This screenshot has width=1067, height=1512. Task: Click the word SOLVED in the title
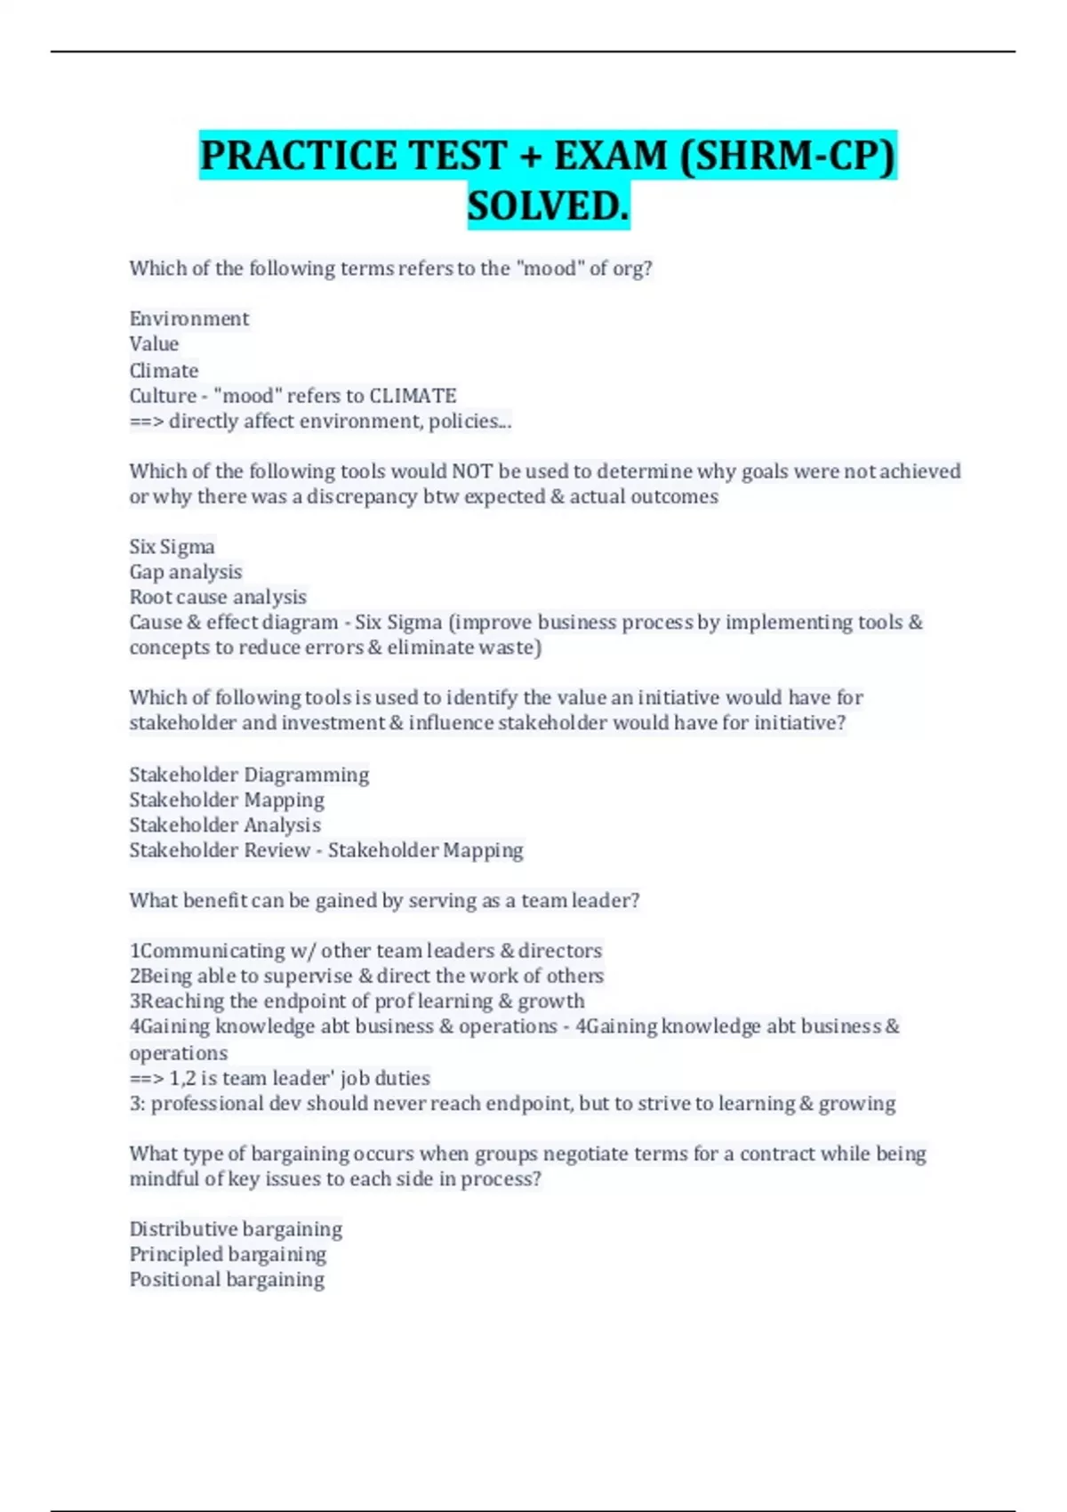tap(548, 206)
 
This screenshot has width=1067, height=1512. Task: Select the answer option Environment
tap(189, 318)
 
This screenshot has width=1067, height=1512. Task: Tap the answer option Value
tap(154, 344)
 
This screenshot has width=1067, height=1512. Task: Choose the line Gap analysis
tap(186, 572)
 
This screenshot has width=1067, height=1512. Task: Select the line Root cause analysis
tap(218, 597)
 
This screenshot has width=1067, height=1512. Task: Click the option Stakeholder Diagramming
tap(249, 775)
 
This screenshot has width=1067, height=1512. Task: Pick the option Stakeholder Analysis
tap(225, 825)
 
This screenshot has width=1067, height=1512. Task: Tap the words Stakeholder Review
tap(220, 850)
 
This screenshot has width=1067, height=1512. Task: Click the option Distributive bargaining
tap(236, 1229)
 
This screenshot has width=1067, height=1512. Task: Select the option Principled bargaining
tap(228, 1254)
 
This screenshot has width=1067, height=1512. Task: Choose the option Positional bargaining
tap(227, 1280)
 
